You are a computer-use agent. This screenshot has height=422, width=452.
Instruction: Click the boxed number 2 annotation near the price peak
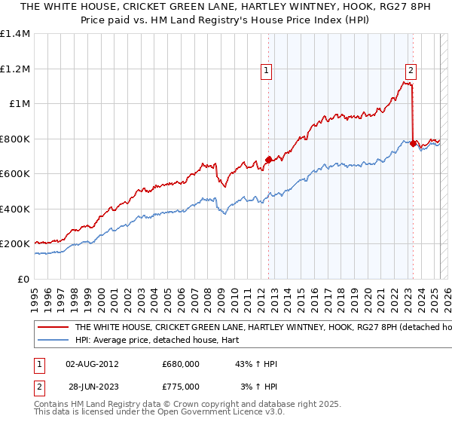coord(411,72)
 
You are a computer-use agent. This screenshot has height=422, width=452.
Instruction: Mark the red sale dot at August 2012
coord(268,160)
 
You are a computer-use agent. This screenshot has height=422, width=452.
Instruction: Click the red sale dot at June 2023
coord(413,143)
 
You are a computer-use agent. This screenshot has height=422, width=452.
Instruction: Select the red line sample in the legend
coord(53,328)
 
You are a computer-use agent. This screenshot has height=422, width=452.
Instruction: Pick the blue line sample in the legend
coord(53,340)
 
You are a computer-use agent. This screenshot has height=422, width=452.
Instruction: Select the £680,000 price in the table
coord(181,364)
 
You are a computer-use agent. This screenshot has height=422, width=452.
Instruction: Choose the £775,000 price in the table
coord(181,387)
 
